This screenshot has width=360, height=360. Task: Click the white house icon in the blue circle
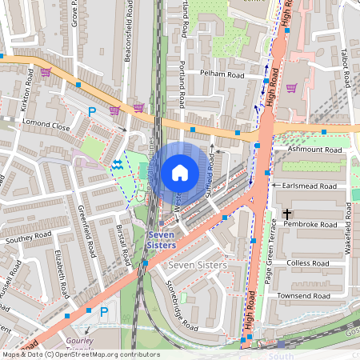pyautogui.click(x=180, y=172)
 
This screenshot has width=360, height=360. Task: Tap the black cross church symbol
pyautogui.click(x=286, y=214)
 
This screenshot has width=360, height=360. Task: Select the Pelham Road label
pyautogui.click(x=221, y=74)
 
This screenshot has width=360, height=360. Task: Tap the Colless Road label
pyautogui.click(x=308, y=262)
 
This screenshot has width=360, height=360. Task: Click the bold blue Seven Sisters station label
pyautogui.click(x=161, y=239)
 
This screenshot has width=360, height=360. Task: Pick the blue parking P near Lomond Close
pyautogui.click(x=92, y=112)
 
